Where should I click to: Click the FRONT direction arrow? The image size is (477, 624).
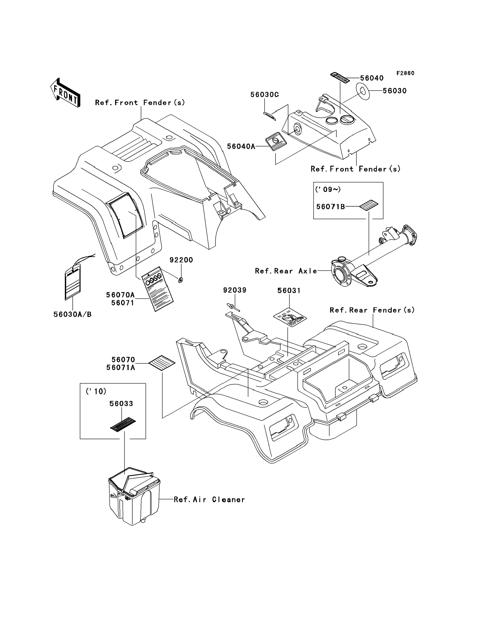(65, 93)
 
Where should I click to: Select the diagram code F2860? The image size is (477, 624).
(405, 73)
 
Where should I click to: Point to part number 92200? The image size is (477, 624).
(181, 260)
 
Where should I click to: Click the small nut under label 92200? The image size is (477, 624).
(180, 280)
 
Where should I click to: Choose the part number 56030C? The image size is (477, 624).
(264, 95)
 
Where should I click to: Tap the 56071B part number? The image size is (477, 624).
(331, 207)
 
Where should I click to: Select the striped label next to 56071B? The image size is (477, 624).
(369, 205)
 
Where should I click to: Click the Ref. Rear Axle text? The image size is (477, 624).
(286, 271)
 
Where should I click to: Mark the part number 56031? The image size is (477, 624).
(289, 291)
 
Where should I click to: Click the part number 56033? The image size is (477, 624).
(121, 404)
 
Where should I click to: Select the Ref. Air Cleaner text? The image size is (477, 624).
(209, 500)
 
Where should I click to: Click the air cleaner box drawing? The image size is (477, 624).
(134, 497)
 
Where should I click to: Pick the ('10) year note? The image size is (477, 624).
(96, 392)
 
